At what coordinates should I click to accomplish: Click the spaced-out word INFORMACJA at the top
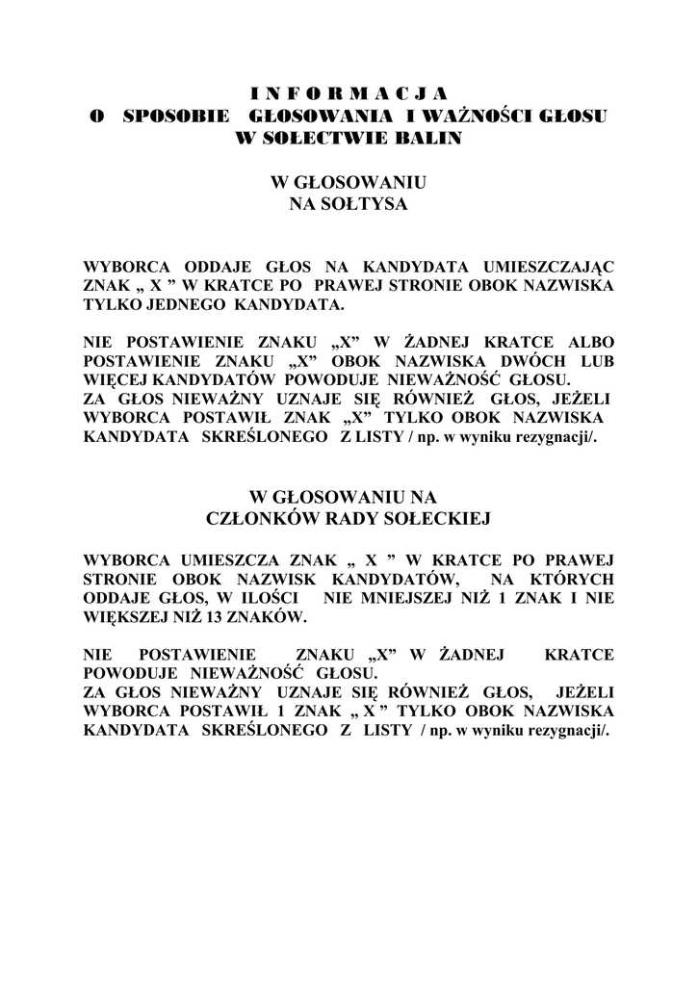pos(349,93)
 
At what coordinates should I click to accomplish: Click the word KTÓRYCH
pos(574,579)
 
